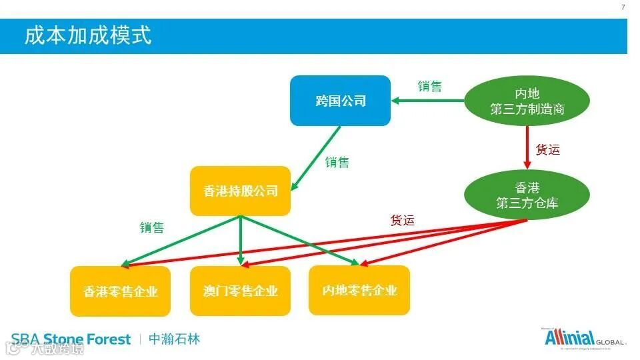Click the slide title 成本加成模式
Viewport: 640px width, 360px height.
click(88, 35)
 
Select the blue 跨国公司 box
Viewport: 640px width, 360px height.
click(340, 101)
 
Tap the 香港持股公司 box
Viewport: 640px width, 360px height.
click(240, 191)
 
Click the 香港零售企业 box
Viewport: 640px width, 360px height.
click(120, 291)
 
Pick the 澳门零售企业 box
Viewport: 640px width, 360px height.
click(240, 291)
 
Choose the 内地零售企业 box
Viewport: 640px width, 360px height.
click(359, 291)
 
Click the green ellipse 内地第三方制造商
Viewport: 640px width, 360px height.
click(527, 101)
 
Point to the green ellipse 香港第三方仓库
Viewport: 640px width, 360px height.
click(527, 195)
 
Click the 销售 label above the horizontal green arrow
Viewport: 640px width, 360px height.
click(429, 86)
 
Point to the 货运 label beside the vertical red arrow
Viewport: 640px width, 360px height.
click(548, 149)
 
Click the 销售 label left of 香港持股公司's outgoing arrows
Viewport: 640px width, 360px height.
click(151, 227)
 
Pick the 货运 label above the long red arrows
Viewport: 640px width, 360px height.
click(402, 220)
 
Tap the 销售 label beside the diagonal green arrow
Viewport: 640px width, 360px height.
click(337, 162)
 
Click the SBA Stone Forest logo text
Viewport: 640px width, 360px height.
click(71, 339)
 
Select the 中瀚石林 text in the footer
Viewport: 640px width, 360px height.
click(174, 339)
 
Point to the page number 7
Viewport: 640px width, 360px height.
click(623, 7)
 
